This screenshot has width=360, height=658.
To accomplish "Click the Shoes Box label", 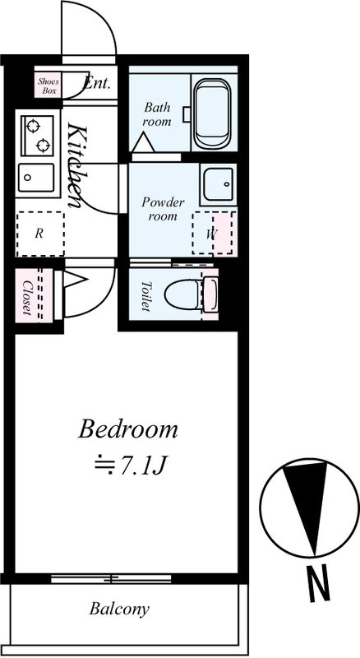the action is pyautogui.click(x=48, y=86).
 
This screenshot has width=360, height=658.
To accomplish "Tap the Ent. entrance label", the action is pyautogui.click(x=97, y=83).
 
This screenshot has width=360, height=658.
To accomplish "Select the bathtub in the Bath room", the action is pyautogui.click(x=213, y=113).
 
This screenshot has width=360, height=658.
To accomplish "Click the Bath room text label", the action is pyautogui.click(x=157, y=114).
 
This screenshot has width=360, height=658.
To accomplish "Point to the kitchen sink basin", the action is pyautogui.click(x=36, y=177).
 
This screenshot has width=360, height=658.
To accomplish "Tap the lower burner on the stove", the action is pyautogui.click(x=44, y=146).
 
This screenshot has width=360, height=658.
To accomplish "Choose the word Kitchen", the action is pyautogui.click(x=76, y=165).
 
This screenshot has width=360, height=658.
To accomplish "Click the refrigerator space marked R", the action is pyautogui.click(x=40, y=234).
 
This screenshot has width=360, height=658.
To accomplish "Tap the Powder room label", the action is pyautogui.click(x=163, y=209).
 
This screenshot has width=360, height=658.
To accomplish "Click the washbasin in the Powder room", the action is pyautogui.click(x=218, y=183).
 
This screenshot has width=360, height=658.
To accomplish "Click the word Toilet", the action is pyautogui.click(x=146, y=296).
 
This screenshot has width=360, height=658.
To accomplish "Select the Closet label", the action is pyautogui.click(x=27, y=298).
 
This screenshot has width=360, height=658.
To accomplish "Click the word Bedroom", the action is pyautogui.click(x=128, y=429).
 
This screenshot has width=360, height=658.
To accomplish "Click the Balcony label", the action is pyautogui.click(x=119, y=609).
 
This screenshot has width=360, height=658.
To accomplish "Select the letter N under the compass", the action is pyautogui.click(x=318, y=582).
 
